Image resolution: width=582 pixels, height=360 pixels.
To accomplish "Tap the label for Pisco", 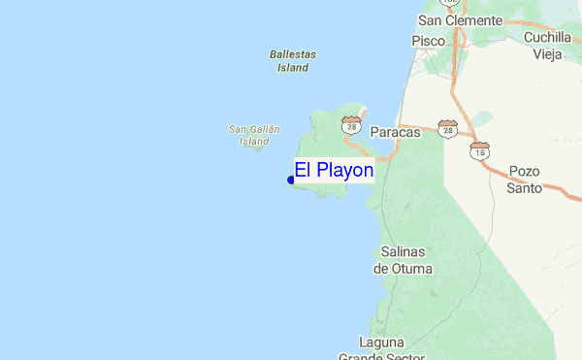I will (428, 41).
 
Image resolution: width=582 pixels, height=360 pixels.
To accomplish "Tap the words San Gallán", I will (254, 129).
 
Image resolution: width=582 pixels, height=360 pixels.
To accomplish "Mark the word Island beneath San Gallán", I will (254, 142).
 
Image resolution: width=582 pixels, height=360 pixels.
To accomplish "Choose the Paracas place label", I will (395, 132).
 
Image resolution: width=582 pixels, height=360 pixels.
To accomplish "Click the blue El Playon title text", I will (334, 171).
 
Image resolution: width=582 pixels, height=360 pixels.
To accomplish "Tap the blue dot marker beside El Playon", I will (291, 180).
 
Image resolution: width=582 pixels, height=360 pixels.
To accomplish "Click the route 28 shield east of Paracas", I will (447, 128).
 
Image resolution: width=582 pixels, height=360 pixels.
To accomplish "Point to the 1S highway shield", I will (479, 150).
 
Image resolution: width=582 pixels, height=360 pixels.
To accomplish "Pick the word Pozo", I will (524, 172).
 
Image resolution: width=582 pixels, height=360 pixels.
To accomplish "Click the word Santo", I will (524, 187).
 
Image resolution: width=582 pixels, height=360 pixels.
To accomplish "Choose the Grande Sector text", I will (381, 355).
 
